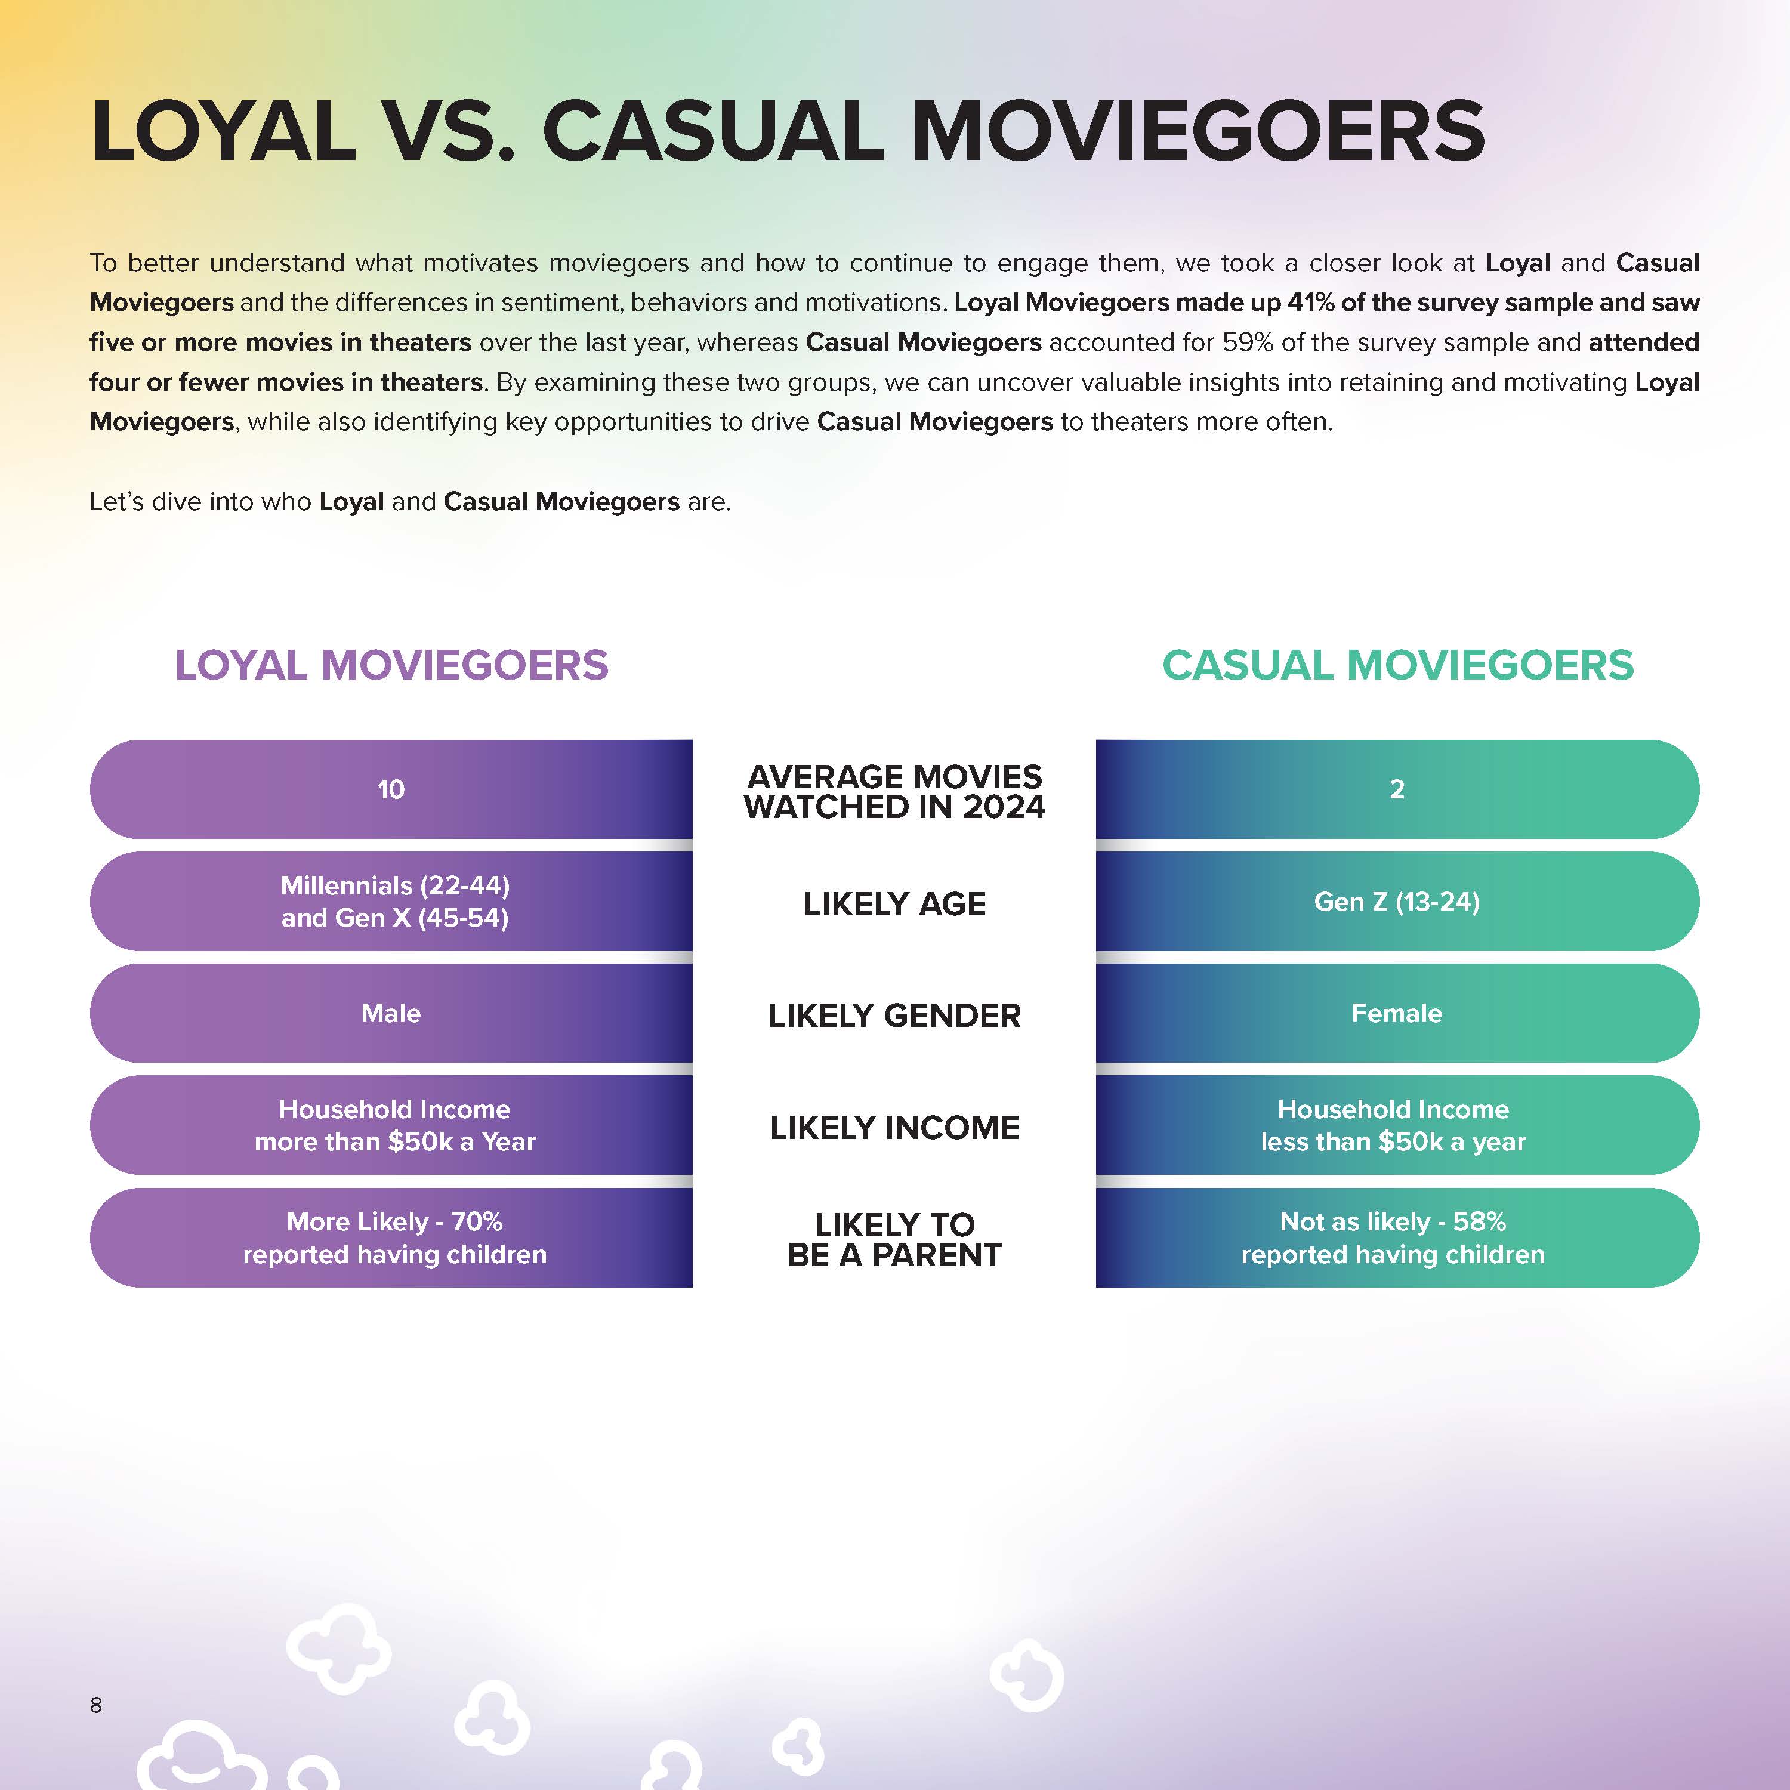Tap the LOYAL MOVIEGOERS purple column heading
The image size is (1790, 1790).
coord(392,665)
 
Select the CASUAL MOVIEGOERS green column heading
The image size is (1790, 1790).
coord(1398,665)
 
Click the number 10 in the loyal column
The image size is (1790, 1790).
coord(391,789)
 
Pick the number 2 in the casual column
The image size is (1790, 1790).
coord(1397,789)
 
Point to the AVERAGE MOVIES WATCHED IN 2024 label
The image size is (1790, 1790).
coord(894,791)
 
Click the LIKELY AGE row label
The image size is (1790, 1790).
coord(894,903)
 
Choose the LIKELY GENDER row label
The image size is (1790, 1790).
coord(894,1016)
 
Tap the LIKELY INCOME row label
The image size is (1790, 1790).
coord(894,1128)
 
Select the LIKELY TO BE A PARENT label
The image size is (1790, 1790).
coord(894,1240)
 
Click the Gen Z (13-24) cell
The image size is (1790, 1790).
coord(1397,902)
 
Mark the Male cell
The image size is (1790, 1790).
coord(391,1014)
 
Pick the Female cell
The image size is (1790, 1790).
coord(1397,1014)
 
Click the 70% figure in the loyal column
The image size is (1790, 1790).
coord(477,1221)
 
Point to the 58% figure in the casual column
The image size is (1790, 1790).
coord(1480,1221)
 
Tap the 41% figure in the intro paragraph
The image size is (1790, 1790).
coord(1311,303)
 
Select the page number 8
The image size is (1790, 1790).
coord(95,1705)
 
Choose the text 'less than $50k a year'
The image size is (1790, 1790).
coord(1393,1143)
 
